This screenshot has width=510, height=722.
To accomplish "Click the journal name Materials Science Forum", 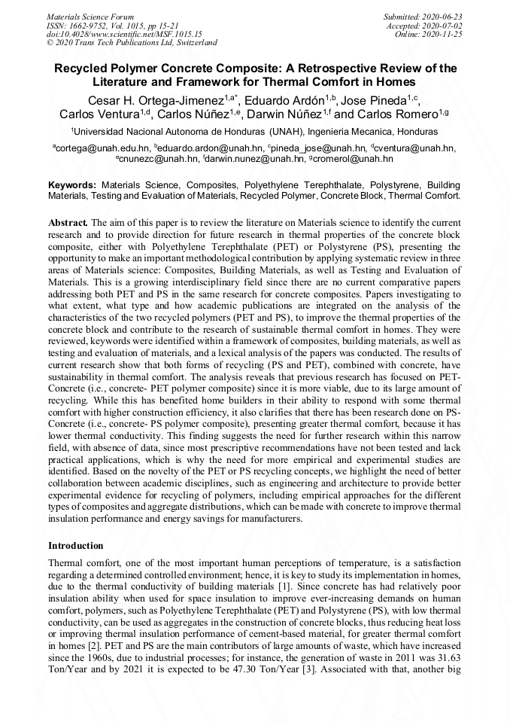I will click(x=90, y=16).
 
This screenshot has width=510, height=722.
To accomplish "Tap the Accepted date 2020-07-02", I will click(x=442, y=25).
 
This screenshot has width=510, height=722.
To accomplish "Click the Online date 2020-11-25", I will click(x=448, y=34).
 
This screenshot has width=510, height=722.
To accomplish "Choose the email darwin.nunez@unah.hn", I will click(x=255, y=159).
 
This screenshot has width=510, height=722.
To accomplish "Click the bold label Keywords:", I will click(x=72, y=184).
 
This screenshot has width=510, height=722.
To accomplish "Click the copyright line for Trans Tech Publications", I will click(x=132, y=43).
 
